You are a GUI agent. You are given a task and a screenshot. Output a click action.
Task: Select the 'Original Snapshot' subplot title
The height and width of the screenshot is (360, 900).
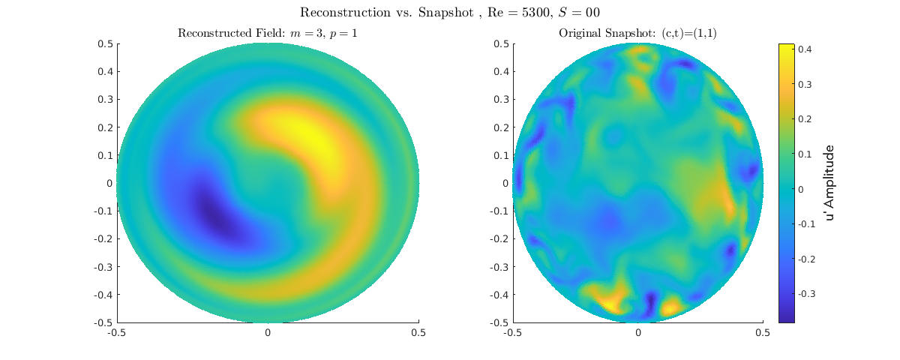(637, 33)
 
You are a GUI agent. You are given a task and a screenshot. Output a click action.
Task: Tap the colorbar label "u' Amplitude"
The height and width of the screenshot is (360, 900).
(829, 183)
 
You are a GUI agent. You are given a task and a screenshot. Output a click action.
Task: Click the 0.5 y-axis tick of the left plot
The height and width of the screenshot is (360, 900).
(104, 43)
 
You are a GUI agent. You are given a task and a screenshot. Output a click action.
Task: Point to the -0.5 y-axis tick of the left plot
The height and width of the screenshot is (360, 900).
(103, 322)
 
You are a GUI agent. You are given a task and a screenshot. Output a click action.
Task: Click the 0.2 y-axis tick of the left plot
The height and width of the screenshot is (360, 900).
(104, 127)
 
